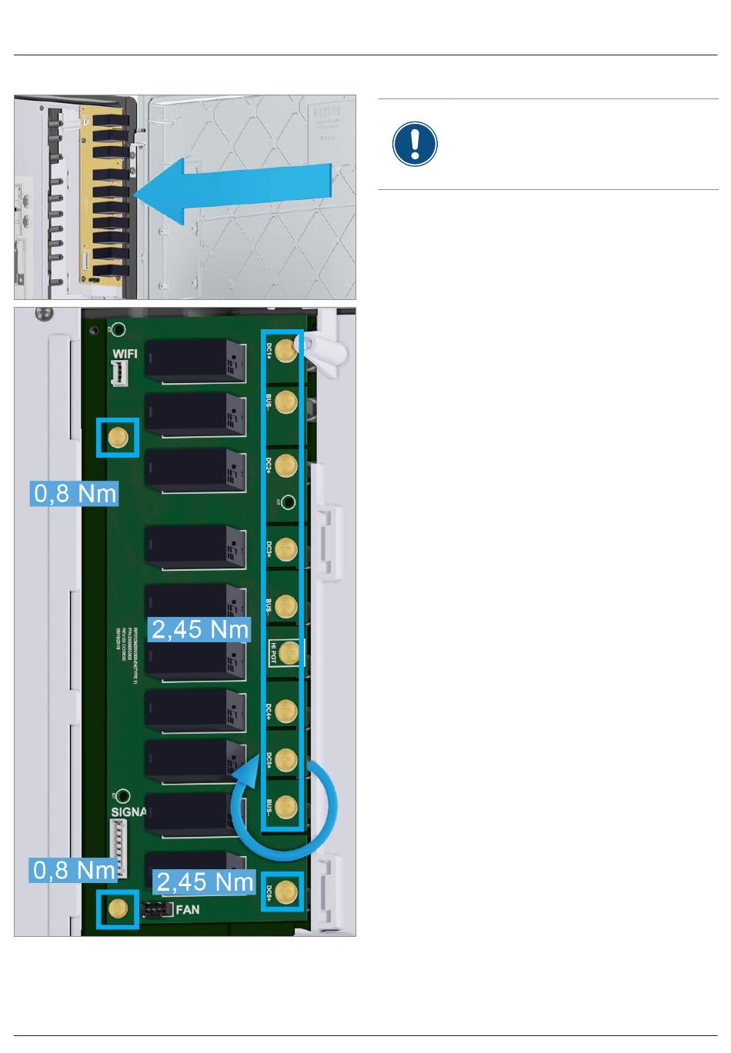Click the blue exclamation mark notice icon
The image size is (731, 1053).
click(415, 144)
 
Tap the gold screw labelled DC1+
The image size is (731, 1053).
click(286, 352)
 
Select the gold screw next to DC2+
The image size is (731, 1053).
click(286, 465)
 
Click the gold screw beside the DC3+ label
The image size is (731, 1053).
click(286, 549)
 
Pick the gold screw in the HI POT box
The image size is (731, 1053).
click(289, 653)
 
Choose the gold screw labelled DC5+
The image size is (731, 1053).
click(286, 759)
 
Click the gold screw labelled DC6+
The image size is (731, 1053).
click(286, 892)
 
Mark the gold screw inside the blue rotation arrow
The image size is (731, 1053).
click(286, 807)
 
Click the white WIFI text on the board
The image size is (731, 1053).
click(125, 354)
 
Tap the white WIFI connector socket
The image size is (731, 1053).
click(119, 374)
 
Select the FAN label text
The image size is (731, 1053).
click(188, 910)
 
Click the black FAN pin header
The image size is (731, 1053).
click(157, 910)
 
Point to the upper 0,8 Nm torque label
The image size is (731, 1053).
click(75, 493)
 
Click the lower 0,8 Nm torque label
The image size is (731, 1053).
click(75, 870)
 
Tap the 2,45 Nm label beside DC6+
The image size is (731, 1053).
click(205, 881)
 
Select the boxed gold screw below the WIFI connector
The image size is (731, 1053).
click(118, 438)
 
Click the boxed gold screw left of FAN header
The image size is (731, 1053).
click(118, 908)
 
